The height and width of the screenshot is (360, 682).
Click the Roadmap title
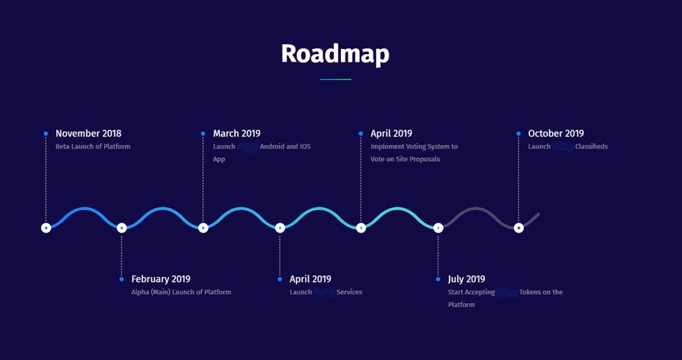click(x=335, y=54)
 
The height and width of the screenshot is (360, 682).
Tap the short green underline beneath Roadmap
click(x=335, y=80)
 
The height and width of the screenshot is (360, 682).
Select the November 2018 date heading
click(x=88, y=134)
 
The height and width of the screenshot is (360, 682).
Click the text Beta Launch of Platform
click(x=93, y=147)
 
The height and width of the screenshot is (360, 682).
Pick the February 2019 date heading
click(x=160, y=279)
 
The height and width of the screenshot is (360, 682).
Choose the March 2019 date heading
click(x=237, y=134)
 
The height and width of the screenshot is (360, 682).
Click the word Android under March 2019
click(x=272, y=147)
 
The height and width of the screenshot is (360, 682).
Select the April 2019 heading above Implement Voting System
click(x=391, y=134)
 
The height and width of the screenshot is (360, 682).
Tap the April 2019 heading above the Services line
click(x=310, y=279)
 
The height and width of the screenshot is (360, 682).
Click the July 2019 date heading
click(x=466, y=279)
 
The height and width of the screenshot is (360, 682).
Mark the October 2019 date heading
click(x=556, y=134)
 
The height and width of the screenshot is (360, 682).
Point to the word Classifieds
click(x=592, y=147)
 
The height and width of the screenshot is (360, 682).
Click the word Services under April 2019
click(x=349, y=292)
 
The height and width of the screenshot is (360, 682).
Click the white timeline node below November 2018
click(x=46, y=228)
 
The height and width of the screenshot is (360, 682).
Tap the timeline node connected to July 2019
click(x=438, y=228)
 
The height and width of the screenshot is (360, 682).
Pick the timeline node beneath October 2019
click(x=519, y=228)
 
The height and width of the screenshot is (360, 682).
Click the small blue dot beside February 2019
click(x=122, y=279)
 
